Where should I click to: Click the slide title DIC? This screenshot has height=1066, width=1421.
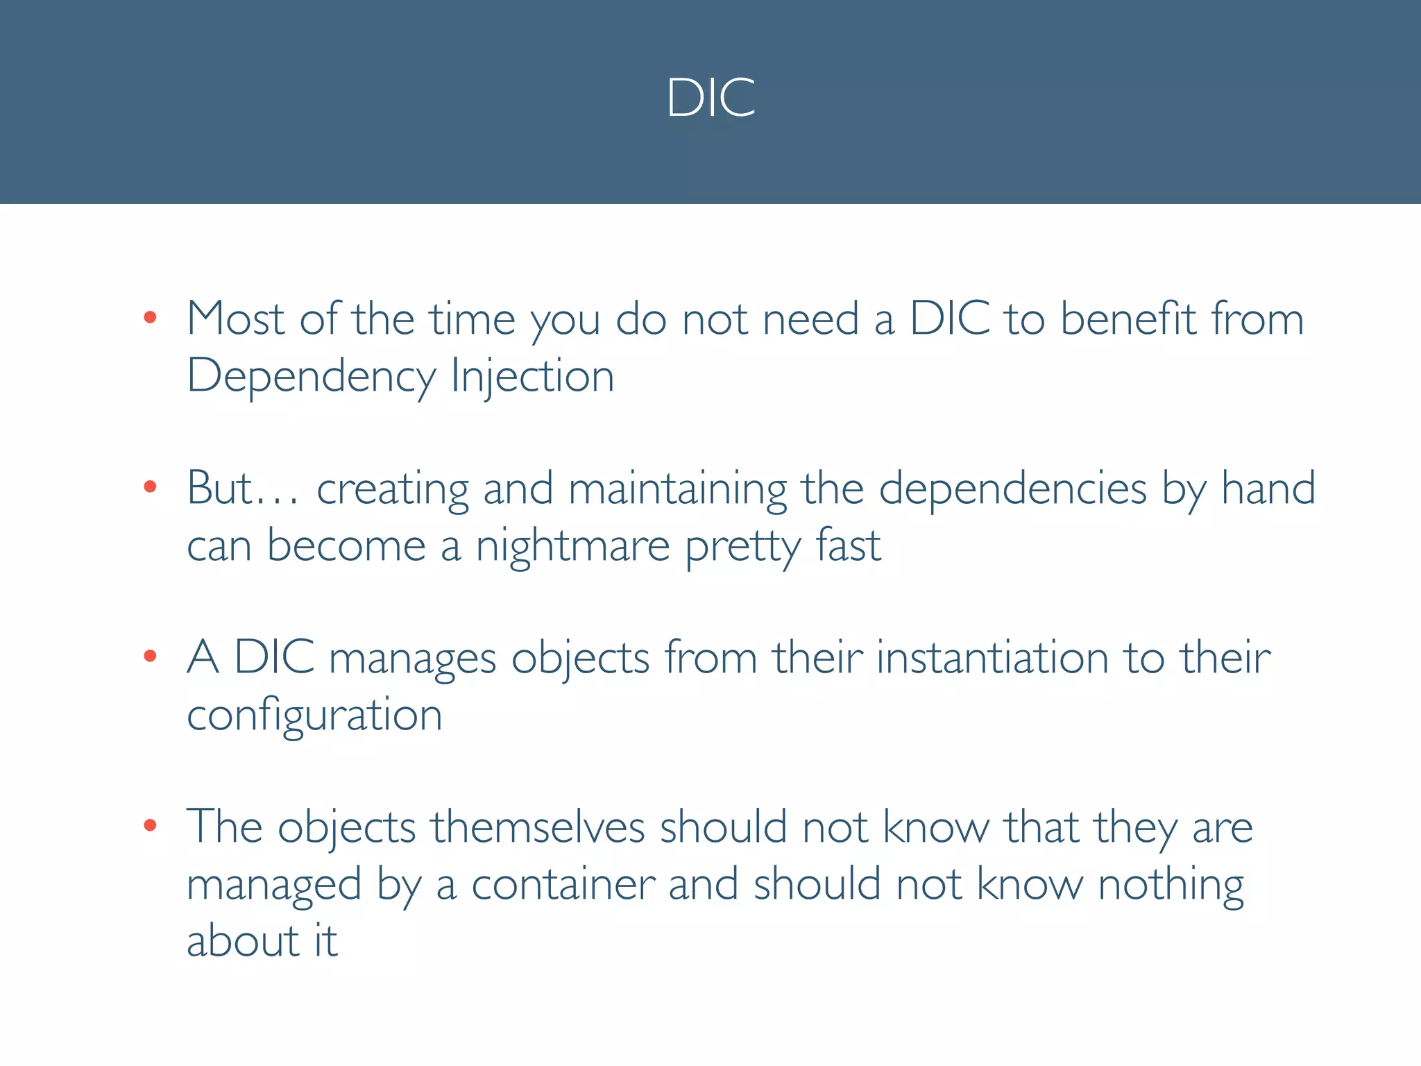710,97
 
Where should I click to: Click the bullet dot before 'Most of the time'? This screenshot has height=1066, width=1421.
150,319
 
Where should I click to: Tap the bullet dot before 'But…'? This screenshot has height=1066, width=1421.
150,487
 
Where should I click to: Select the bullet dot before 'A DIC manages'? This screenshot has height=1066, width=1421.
150,656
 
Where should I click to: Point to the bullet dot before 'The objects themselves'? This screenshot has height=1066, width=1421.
150,825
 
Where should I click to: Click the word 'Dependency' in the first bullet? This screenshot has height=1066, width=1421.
311,377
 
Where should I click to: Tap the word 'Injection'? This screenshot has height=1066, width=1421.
532,377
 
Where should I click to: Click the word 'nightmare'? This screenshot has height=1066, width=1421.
572,546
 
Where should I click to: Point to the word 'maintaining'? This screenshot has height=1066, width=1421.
677,489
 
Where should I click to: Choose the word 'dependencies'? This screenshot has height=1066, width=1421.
1012,489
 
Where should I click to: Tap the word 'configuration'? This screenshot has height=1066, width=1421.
314,716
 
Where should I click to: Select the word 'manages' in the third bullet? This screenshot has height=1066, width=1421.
412,658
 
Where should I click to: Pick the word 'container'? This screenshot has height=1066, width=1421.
563,885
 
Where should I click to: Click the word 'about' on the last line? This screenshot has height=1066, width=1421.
243,942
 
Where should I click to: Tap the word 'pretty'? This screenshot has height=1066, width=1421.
742,546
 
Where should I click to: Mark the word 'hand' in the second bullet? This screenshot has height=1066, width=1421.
1268,488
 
